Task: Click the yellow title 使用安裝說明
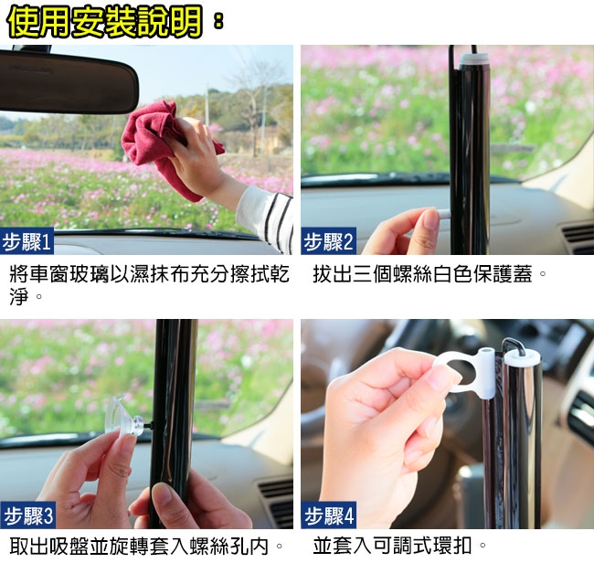pos(105,22)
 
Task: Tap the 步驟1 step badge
pos(27,241)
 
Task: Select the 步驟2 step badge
pos(328,241)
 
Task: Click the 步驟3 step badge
pos(27,515)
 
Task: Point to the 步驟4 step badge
pos(329,515)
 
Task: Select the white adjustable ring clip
pos(465,371)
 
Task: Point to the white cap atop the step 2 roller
pos(474,60)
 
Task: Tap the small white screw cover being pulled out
pos(444,214)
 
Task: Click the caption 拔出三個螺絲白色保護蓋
pos(422,274)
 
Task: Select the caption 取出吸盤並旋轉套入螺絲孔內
pos(139,547)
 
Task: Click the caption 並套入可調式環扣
pos(392,546)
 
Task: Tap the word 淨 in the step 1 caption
pos(19,296)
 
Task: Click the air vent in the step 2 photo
pos(578,238)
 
